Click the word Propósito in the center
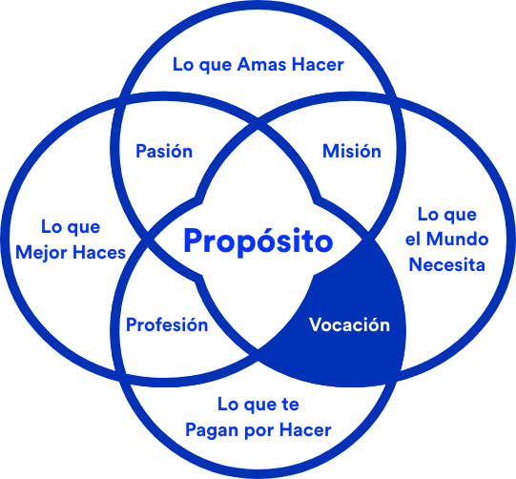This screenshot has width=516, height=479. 258,241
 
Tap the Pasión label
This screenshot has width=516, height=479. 164,151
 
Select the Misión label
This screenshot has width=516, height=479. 351,151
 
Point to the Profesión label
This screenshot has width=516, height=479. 167,324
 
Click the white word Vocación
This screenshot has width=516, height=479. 349,324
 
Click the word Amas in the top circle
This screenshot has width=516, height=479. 261,64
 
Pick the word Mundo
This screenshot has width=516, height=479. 458,239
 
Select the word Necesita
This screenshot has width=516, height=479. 447,264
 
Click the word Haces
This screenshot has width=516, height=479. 99,253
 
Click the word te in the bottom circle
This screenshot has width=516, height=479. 290,405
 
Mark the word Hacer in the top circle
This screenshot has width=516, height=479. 318,64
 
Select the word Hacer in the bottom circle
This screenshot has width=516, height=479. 305,429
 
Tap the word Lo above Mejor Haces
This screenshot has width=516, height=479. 52,226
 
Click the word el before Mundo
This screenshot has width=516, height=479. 413,239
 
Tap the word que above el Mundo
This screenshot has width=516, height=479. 460,216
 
